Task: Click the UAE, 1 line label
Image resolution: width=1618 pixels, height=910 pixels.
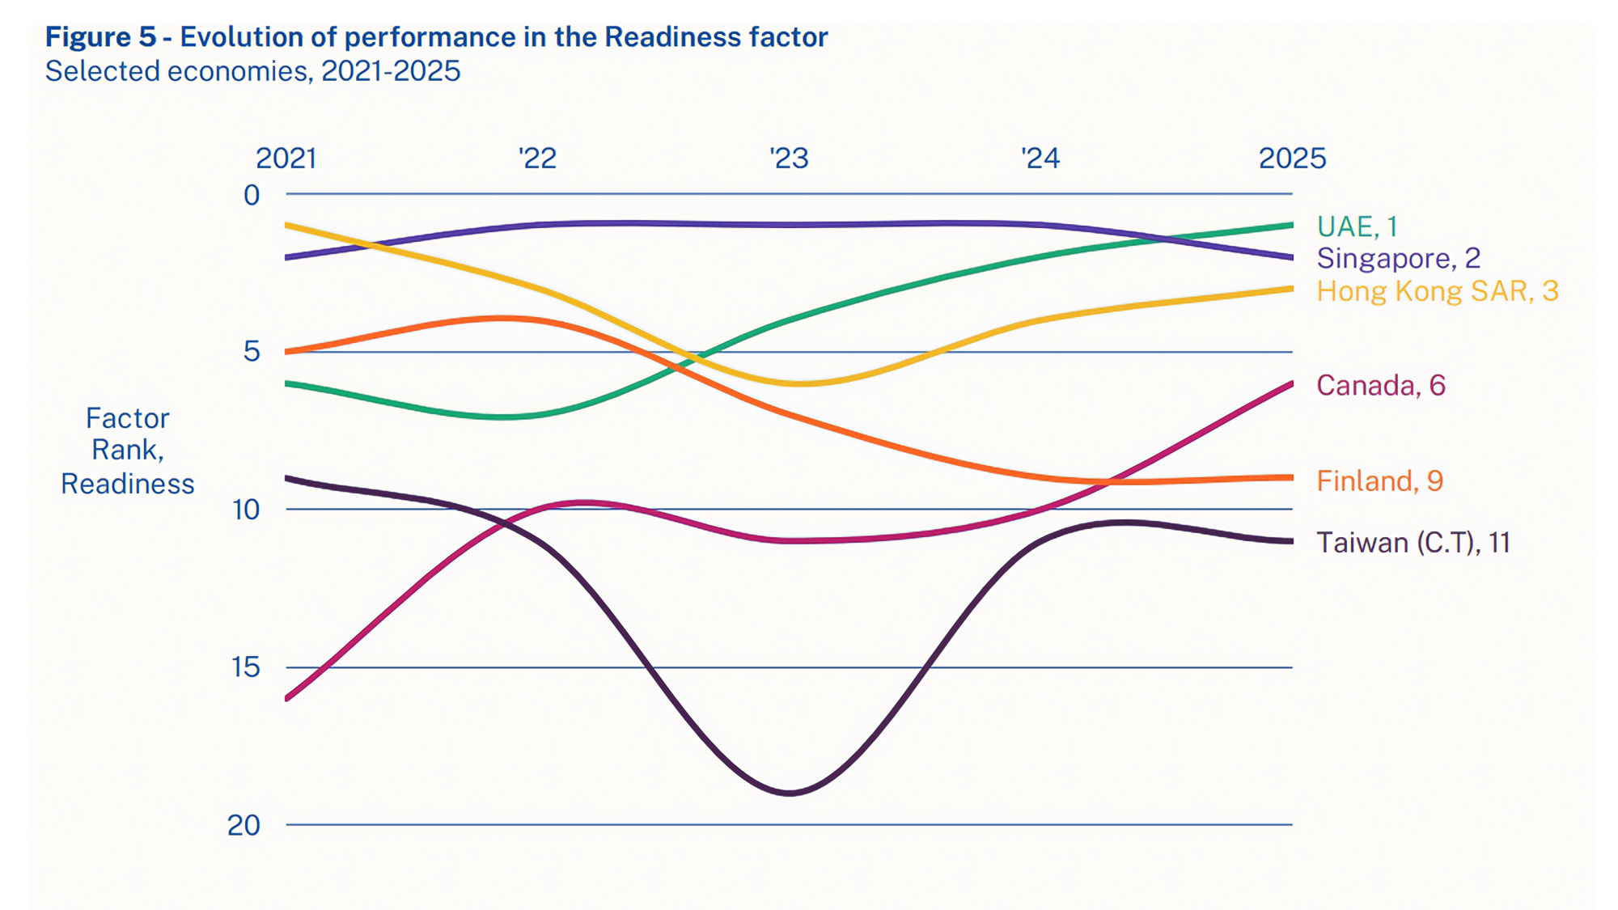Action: pos(1357,226)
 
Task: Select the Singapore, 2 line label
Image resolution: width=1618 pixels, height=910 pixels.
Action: pos(1398,258)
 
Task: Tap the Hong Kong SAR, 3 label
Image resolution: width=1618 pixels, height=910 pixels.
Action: pos(1437,291)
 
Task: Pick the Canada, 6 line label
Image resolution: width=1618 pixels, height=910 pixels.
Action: pos(1380,385)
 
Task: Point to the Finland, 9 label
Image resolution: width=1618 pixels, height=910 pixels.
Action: pos(1379,480)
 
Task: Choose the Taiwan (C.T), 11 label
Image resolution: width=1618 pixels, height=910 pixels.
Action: pos(1413,542)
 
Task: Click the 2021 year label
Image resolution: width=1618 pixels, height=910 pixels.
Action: pos(286,158)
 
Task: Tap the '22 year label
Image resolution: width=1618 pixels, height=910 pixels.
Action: pos(538,158)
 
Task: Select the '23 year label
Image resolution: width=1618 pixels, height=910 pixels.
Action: pos(790,158)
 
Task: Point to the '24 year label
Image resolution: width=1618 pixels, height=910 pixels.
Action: pos(1040,158)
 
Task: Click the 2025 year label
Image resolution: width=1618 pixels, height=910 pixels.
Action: pos(1292,158)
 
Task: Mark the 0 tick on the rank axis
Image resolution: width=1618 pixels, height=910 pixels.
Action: pos(252,195)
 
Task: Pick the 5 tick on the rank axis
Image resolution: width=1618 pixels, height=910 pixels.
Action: pos(252,351)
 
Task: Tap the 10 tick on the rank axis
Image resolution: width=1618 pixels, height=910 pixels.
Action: pos(246,510)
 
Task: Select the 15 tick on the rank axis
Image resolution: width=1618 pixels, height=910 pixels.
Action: pos(246,667)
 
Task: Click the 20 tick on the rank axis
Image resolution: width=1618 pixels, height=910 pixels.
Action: pos(244,825)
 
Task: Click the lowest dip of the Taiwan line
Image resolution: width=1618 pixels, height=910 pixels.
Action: pos(790,794)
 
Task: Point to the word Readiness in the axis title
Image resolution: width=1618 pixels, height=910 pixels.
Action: pos(128,484)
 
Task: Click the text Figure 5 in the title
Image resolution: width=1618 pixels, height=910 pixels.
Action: pos(100,37)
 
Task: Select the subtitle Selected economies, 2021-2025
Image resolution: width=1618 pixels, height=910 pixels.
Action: pos(252,71)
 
